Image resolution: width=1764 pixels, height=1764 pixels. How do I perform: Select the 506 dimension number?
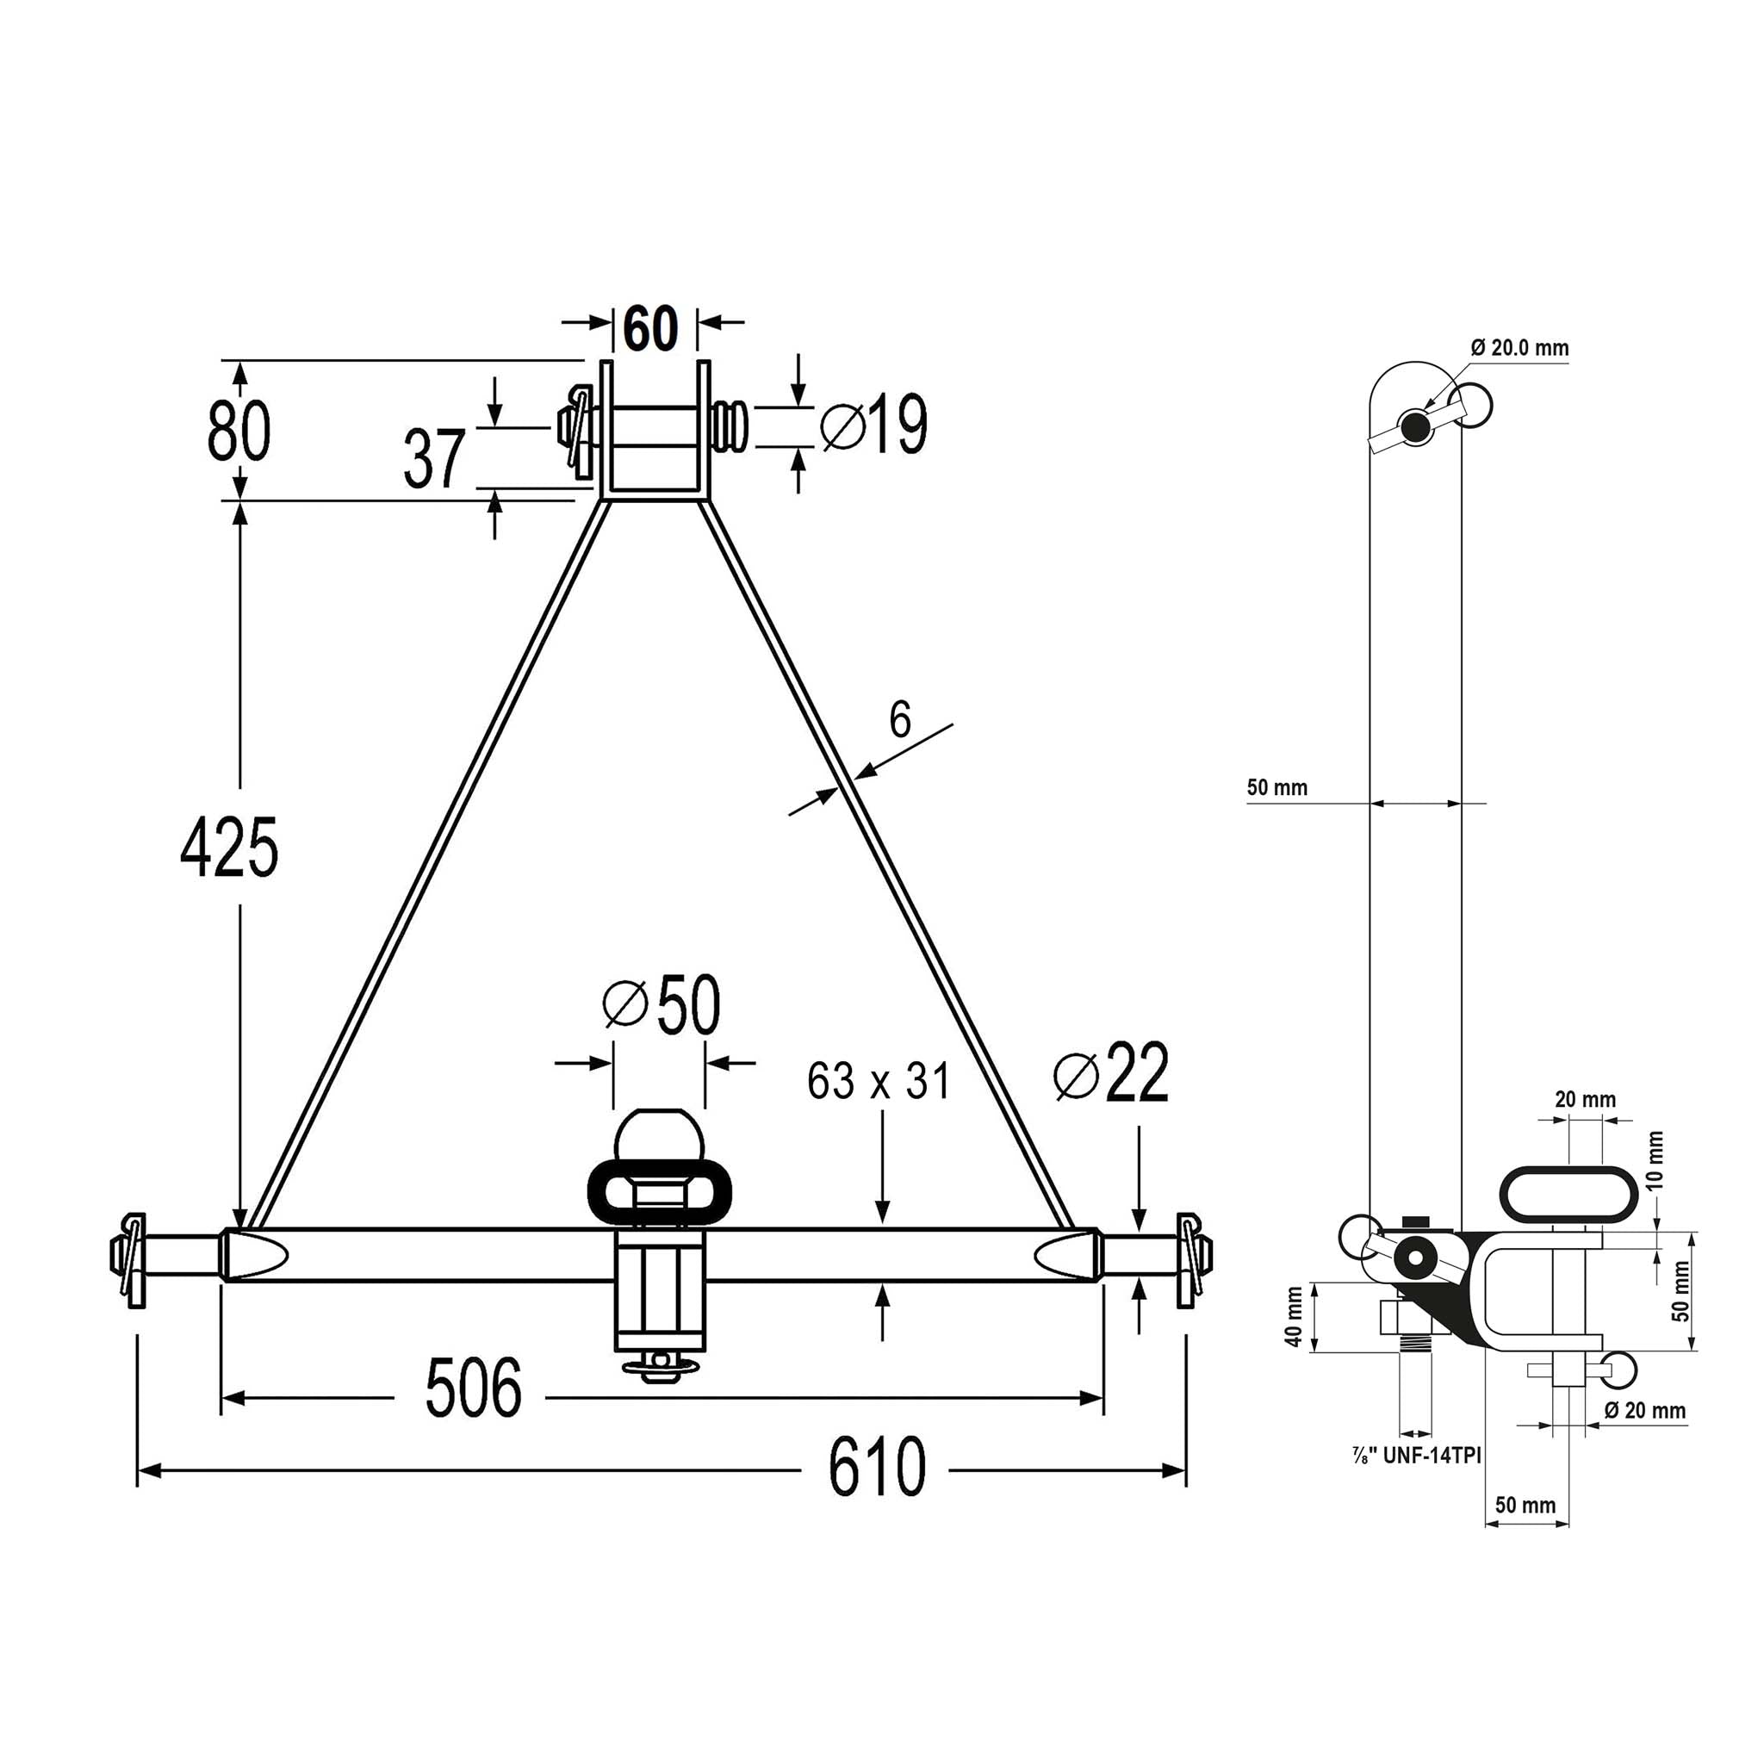coord(473,1387)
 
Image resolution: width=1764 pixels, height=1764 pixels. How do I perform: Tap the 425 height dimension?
coord(228,848)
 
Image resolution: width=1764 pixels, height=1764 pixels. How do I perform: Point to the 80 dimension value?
coord(239,430)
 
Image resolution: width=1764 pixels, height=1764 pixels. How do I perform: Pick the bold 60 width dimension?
coord(651,328)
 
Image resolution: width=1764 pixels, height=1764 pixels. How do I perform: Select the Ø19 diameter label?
coord(873,424)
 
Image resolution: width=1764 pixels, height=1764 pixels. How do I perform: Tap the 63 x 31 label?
coord(879,1081)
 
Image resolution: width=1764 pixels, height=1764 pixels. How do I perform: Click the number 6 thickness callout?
coord(900,719)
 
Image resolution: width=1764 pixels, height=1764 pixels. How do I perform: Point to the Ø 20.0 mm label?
coord(1519,347)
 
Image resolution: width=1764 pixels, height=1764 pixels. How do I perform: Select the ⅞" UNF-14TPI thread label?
coord(1416,1455)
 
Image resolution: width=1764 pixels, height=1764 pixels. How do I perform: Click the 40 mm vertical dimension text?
coord(1293,1317)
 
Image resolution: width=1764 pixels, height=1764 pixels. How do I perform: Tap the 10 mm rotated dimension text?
coord(1655,1160)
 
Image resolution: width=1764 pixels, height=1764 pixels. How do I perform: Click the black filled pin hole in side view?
coord(1414,425)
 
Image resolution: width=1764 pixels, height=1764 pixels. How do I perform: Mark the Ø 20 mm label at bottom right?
coord(1644,1410)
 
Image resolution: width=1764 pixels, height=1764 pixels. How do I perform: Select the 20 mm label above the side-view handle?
coord(1585,1099)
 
